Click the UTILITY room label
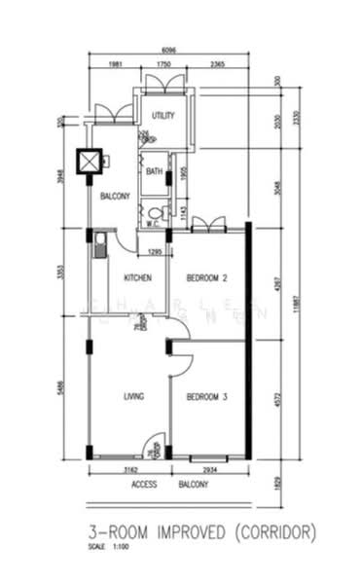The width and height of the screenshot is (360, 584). coord(162,116)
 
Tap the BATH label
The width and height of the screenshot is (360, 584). coord(155,172)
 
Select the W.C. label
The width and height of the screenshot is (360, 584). coord(153,223)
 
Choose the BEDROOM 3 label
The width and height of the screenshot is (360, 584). coord(206,396)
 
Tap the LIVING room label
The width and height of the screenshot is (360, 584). coord(133,396)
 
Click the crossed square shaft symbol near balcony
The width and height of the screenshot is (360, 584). coord(90,162)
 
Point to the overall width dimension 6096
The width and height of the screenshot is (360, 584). coord(168,52)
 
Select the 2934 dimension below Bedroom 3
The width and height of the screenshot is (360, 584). coord(210,469)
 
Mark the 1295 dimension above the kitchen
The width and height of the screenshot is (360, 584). coord(154,253)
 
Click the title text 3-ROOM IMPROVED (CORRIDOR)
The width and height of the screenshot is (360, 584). coord(199,532)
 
